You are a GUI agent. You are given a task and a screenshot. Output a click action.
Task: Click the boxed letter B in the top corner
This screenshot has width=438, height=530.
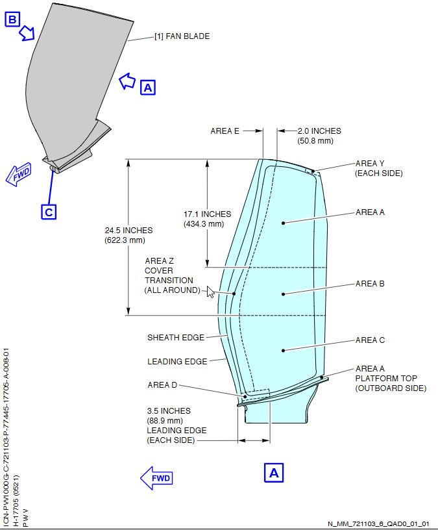[x=12, y=19]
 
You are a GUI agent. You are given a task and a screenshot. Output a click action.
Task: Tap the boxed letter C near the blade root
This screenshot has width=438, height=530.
[x=49, y=212]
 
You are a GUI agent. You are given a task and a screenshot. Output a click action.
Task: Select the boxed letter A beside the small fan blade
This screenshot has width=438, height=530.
[x=149, y=86]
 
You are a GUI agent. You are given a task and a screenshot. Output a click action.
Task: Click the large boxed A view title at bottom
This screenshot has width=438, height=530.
[x=274, y=473]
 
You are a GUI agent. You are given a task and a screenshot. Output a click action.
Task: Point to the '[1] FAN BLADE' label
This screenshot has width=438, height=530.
[x=182, y=36]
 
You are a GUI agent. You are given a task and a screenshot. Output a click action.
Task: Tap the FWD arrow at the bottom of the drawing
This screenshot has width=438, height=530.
[x=156, y=479]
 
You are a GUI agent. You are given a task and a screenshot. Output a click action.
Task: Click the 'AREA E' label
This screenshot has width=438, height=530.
[x=225, y=131]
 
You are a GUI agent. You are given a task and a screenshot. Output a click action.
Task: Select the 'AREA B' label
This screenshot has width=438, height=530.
[x=370, y=284]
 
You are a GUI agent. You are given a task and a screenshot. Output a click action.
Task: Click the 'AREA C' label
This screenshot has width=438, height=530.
[x=370, y=340]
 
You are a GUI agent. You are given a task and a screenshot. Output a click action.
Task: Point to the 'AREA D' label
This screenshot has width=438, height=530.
[x=162, y=385]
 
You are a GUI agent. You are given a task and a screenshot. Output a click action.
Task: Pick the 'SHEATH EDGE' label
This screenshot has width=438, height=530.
[x=176, y=337]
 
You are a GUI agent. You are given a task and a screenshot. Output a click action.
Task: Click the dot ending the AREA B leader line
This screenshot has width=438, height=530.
[x=284, y=294]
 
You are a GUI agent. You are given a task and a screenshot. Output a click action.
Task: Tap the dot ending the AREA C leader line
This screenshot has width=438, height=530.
[x=284, y=351]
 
